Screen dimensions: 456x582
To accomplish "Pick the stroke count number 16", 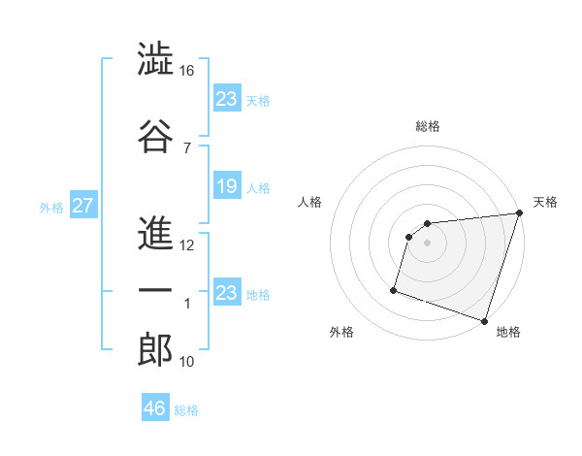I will click(x=187, y=72).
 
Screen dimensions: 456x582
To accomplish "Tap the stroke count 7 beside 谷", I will click(x=186, y=147).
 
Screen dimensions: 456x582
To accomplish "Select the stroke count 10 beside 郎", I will click(x=187, y=362).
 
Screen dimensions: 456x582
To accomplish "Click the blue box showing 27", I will click(x=82, y=206).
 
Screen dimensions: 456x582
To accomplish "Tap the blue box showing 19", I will click(x=227, y=186).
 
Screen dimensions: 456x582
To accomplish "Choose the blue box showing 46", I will click(x=155, y=408).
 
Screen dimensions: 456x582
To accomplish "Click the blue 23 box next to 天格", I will click(x=227, y=99).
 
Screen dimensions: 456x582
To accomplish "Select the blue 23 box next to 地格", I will click(x=227, y=293).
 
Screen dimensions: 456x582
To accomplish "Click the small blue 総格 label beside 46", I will click(x=186, y=410).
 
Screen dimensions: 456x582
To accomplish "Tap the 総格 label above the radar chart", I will click(x=427, y=126).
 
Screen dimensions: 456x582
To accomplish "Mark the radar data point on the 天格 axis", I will click(x=519, y=213).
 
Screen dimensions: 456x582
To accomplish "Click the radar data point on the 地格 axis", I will click(x=484, y=320).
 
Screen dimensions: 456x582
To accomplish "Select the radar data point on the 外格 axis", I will click(x=394, y=289).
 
